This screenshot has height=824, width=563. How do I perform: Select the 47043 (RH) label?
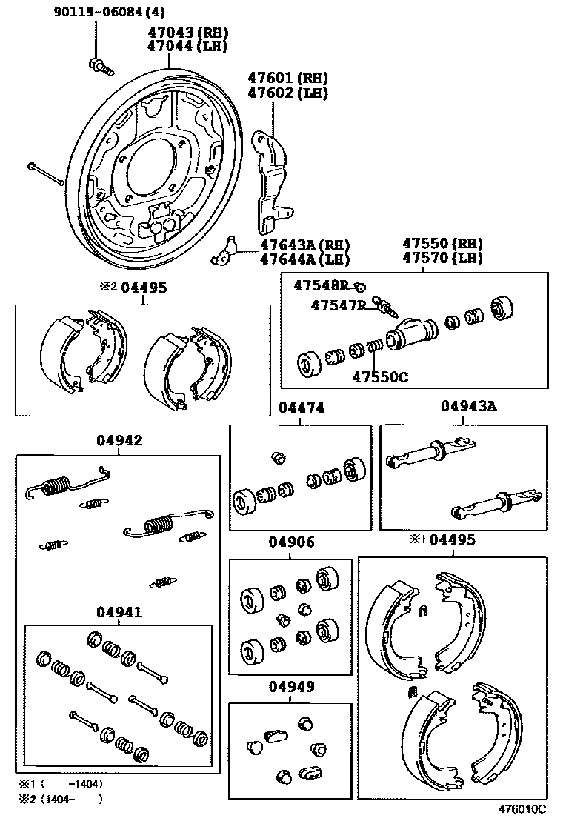[x=189, y=33]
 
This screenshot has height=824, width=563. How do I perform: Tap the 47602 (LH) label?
[x=287, y=93]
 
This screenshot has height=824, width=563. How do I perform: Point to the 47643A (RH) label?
[x=304, y=245]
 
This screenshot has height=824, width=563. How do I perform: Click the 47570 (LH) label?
[x=442, y=258]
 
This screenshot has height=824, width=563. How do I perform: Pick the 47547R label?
[x=338, y=305]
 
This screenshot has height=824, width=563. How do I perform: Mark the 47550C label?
[x=379, y=376]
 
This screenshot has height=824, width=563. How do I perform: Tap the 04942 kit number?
[x=119, y=440]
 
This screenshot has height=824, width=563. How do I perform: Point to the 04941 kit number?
[x=119, y=612]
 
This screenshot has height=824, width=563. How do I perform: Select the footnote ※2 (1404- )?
[x=60, y=799]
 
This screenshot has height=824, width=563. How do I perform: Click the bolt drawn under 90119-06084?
[x=101, y=67]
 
